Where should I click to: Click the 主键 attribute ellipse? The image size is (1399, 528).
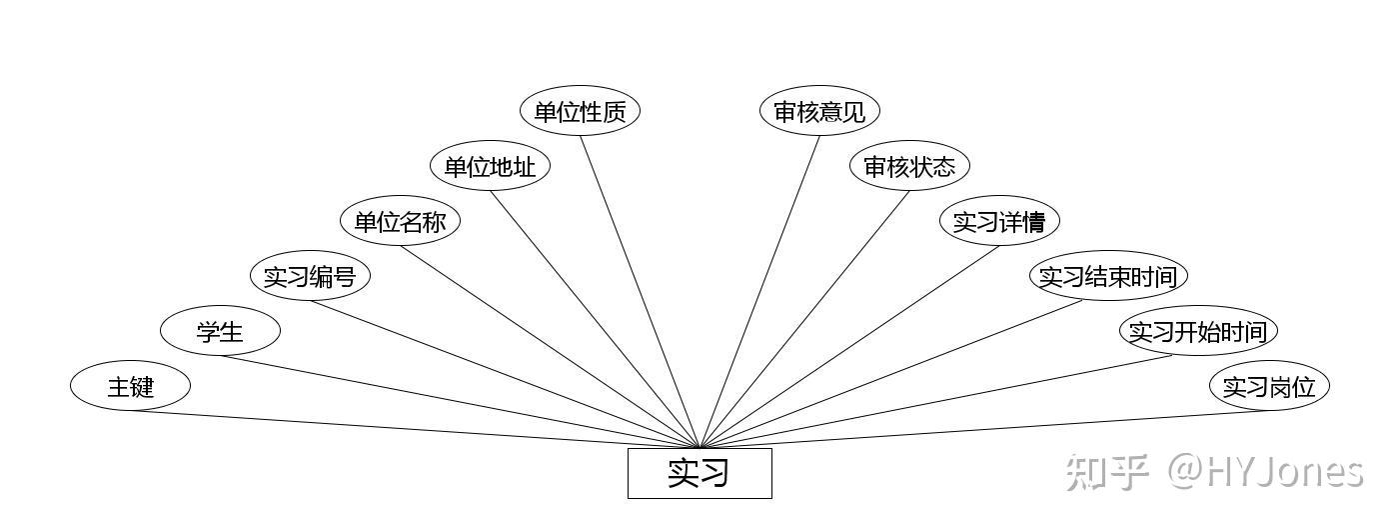pos(130,386)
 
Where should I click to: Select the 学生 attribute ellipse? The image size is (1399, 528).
pos(220,331)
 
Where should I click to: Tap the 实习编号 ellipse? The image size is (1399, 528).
pos(310,276)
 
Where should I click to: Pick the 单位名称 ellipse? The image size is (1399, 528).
pos(400,221)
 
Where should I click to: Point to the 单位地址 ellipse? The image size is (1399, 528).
pos(490,166)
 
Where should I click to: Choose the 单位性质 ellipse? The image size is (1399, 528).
pos(580,111)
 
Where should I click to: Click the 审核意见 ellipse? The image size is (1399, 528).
pos(819,111)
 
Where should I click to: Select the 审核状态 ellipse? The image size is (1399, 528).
pos(909,166)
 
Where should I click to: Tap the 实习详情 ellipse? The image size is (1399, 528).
pos(999,221)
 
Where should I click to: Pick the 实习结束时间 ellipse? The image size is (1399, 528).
pos(1108,276)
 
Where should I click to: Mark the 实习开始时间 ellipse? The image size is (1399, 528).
pos(1198,331)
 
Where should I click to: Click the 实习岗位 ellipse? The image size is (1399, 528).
pos(1269,386)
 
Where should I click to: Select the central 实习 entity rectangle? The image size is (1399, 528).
pos(699,473)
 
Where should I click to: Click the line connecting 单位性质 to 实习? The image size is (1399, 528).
pos(640,290)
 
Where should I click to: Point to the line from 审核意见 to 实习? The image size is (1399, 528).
pos(759,290)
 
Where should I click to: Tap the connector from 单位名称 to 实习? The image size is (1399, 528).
pos(550,346)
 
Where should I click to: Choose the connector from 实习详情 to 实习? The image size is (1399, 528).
pos(849,346)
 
